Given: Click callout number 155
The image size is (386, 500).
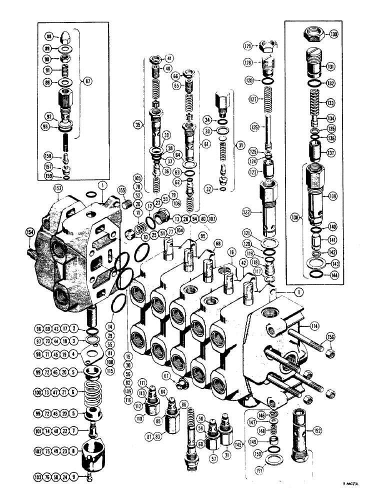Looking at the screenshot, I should [x=121, y=190].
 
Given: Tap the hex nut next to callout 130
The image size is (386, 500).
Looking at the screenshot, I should [x=313, y=35].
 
